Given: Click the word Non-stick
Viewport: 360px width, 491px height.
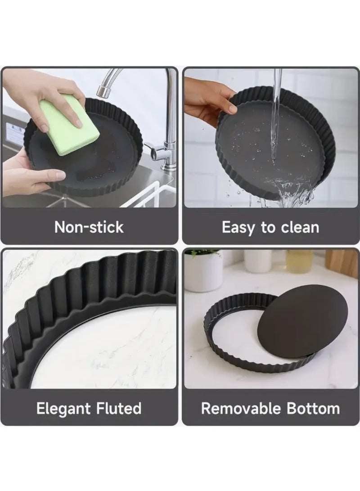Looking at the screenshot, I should point(89,227).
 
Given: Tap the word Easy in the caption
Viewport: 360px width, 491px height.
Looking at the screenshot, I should point(239,227).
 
